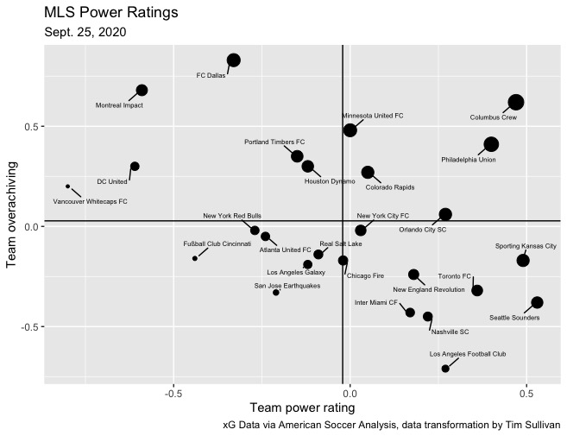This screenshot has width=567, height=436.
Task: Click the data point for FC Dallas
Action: click(x=233, y=60)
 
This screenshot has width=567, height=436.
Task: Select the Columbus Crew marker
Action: click(x=516, y=103)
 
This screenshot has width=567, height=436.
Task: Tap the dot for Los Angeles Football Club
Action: click(x=445, y=369)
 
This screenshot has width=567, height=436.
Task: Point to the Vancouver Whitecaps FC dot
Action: click(x=67, y=186)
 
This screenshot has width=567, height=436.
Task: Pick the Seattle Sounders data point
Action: click(x=537, y=302)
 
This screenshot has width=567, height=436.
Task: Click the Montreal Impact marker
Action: click(x=142, y=91)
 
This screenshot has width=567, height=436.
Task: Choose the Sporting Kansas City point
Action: click(x=523, y=261)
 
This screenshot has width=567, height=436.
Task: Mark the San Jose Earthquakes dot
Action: click(x=276, y=293)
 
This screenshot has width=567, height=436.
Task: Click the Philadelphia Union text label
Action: click(x=469, y=160)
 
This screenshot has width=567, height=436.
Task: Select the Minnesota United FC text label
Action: click(x=373, y=115)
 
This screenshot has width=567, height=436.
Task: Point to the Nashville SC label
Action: click(x=450, y=332)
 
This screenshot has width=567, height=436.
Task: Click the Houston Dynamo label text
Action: click(x=330, y=181)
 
